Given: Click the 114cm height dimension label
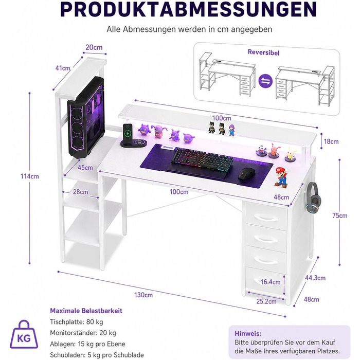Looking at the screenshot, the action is (x=30, y=176).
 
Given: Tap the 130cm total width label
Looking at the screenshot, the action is (x=143, y=295).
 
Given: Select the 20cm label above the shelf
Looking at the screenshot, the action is (x=94, y=47).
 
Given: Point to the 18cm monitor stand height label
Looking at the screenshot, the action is (x=331, y=141).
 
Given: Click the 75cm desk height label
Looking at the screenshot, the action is (x=340, y=215).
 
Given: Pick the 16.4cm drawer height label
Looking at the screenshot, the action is (x=271, y=282).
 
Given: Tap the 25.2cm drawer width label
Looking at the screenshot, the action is (x=266, y=301).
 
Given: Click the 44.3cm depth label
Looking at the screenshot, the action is (x=315, y=278).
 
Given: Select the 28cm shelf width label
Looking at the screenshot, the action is (x=80, y=192).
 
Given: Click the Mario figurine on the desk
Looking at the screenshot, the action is (x=281, y=177).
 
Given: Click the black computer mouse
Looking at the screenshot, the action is (x=247, y=174).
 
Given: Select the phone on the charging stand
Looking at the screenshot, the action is (x=128, y=133).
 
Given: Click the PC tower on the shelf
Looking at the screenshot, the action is (x=86, y=117).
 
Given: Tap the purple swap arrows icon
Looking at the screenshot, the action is (x=265, y=81).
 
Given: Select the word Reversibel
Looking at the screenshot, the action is (x=263, y=52).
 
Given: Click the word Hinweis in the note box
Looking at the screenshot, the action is (x=248, y=333).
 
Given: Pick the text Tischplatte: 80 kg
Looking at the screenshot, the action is (x=77, y=322).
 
